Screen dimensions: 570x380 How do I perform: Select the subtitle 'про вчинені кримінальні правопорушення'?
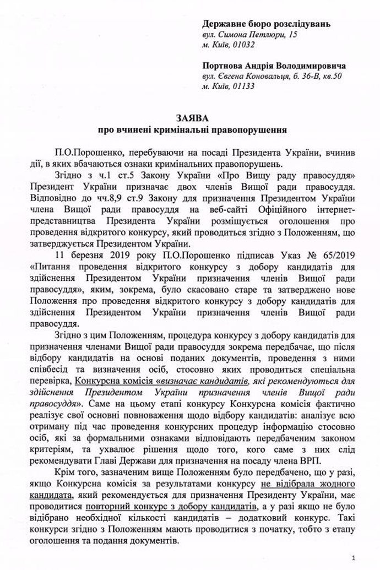190,131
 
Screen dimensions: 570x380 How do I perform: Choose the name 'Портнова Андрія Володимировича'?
274,65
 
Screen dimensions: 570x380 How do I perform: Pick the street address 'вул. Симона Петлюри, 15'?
249,35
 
